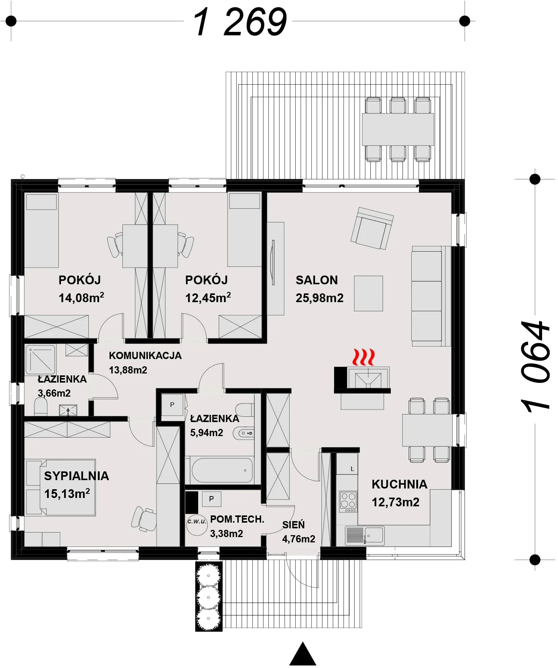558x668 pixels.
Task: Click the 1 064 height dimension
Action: pyautogui.click(x=535, y=367)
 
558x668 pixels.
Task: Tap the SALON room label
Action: pyautogui.click(x=317, y=280)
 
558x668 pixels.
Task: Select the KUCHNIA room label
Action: pyautogui.click(x=399, y=484)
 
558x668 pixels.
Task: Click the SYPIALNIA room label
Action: pyautogui.click(x=77, y=476)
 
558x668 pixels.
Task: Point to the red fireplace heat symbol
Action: pyautogui.click(x=364, y=357)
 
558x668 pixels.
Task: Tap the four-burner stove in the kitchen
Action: pyautogui.click(x=348, y=502)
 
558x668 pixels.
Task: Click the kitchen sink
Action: pyautogui.click(x=365, y=536)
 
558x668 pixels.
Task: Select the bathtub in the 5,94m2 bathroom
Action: pyautogui.click(x=222, y=470)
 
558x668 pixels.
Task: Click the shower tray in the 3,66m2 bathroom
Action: pyautogui.click(x=40, y=359)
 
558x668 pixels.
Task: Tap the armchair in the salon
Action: pyautogui.click(x=372, y=228)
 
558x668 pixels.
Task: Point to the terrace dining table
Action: pyautogui.click(x=398, y=129)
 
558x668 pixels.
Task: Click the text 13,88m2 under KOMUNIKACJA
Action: pyautogui.click(x=128, y=370)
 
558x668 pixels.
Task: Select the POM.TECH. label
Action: pyautogui.click(x=237, y=519)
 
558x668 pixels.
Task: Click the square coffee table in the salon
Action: pyautogui.click(x=368, y=293)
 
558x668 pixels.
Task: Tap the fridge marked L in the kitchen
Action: pyautogui.click(x=347, y=464)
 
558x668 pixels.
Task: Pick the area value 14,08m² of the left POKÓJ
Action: pyautogui.click(x=82, y=298)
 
